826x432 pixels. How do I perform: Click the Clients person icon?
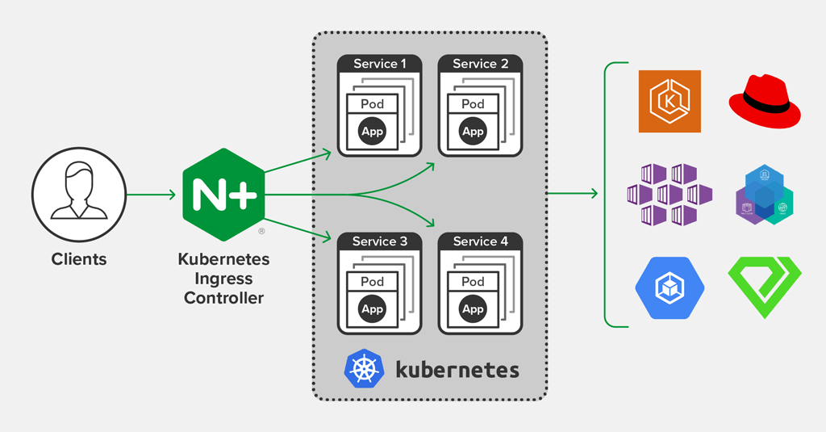[x=78, y=194]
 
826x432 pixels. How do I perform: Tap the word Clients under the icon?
[x=79, y=259]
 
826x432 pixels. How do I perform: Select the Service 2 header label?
[x=481, y=64]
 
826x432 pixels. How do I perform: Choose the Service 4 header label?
[x=481, y=241]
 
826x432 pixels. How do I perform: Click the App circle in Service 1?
[x=373, y=132]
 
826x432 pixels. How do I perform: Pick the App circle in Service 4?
[x=473, y=309]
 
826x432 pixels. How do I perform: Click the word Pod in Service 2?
[x=473, y=104]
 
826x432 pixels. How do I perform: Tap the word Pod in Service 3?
[x=373, y=282]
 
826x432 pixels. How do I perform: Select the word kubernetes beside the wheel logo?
[x=457, y=370]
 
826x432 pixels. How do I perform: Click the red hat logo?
[x=765, y=101]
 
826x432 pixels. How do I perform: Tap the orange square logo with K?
[x=670, y=101]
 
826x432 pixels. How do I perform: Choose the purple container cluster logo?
[x=670, y=195]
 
